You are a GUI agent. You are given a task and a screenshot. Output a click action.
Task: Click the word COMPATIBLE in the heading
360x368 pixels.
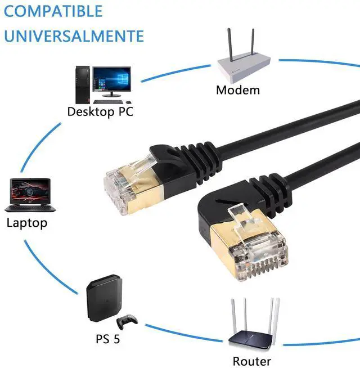[54, 11]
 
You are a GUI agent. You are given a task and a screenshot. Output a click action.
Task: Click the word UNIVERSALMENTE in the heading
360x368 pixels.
[73, 35]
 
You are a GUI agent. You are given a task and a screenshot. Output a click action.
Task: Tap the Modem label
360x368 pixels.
[238, 90]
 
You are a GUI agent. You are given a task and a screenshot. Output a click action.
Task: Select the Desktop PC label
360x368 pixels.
[100, 111]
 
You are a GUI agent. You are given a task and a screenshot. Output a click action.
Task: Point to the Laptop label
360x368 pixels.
[27, 222]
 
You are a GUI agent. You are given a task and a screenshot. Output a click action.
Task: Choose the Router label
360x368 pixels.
[252, 361]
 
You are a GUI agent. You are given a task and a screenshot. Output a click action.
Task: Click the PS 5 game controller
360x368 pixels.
[127, 322]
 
